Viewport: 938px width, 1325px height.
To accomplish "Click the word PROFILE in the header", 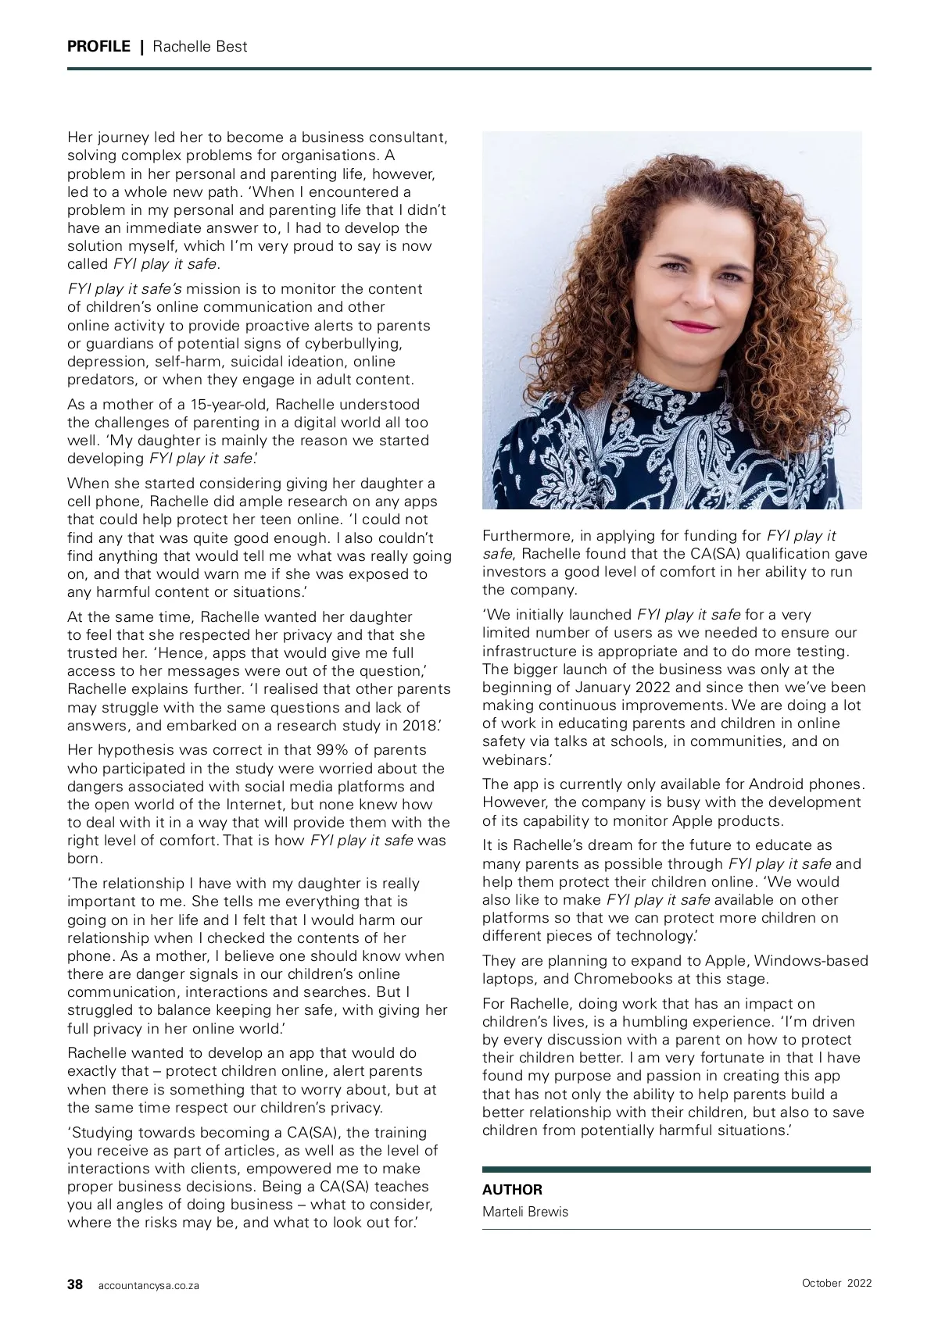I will click(x=98, y=46).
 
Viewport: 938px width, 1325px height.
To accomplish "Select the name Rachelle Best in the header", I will click(x=200, y=46).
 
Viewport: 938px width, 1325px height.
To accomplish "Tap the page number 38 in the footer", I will click(x=75, y=1284).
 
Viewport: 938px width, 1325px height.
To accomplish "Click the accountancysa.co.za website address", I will click(x=149, y=1285).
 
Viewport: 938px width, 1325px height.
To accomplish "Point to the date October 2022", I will click(x=836, y=1283).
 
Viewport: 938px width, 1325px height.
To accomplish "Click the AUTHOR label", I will click(x=512, y=1190).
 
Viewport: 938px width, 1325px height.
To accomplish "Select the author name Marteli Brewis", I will click(x=525, y=1212).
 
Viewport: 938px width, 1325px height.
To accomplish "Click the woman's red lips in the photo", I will click(x=671, y=326).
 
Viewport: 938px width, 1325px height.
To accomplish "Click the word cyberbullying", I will click(x=353, y=344).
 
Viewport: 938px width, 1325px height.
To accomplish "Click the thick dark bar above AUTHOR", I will click(x=676, y=1170).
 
